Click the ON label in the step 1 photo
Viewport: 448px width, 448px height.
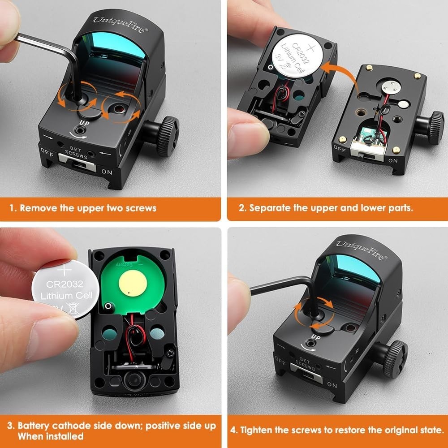click(x=106, y=172)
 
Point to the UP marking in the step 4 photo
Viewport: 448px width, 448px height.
click(x=315, y=337)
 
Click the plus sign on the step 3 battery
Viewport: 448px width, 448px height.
click(x=65, y=270)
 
